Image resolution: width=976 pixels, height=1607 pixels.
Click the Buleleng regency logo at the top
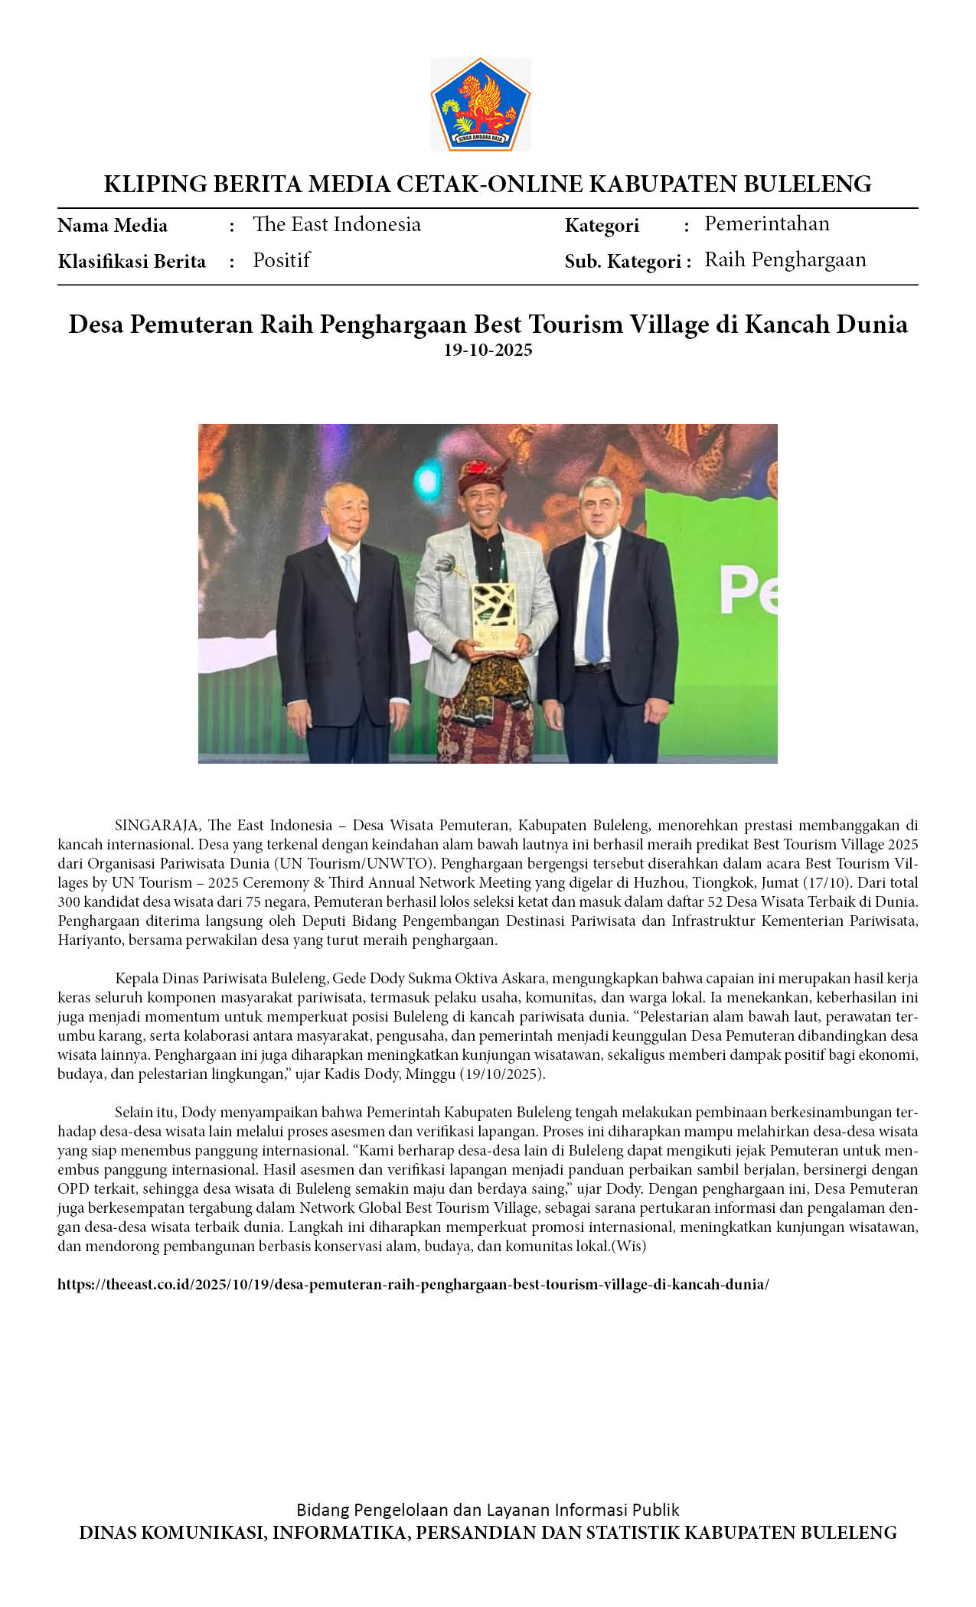[481, 105]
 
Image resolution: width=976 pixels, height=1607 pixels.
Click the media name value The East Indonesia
[337, 224]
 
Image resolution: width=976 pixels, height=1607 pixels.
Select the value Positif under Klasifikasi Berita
[281, 260]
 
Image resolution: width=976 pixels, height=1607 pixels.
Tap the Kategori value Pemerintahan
[766, 223]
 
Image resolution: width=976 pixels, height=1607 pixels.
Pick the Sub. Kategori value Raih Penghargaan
[785, 259]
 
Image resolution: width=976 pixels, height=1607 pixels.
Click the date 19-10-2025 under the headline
[488, 350]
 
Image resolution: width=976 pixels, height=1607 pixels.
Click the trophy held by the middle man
[494, 615]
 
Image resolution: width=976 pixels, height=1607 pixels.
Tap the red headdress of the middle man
[483, 475]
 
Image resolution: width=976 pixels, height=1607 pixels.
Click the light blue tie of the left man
[351, 575]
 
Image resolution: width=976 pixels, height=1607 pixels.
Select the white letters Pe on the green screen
[748, 592]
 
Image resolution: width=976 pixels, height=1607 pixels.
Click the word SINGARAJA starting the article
[157, 826]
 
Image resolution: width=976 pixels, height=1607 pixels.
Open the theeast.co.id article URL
[413, 1284]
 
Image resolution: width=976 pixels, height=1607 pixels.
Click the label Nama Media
[113, 226]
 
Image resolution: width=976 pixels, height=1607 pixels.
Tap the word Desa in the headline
[96, 324]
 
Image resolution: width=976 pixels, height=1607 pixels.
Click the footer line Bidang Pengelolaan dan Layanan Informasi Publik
[488, 1510]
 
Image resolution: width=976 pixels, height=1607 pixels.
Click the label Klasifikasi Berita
[132, 262]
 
